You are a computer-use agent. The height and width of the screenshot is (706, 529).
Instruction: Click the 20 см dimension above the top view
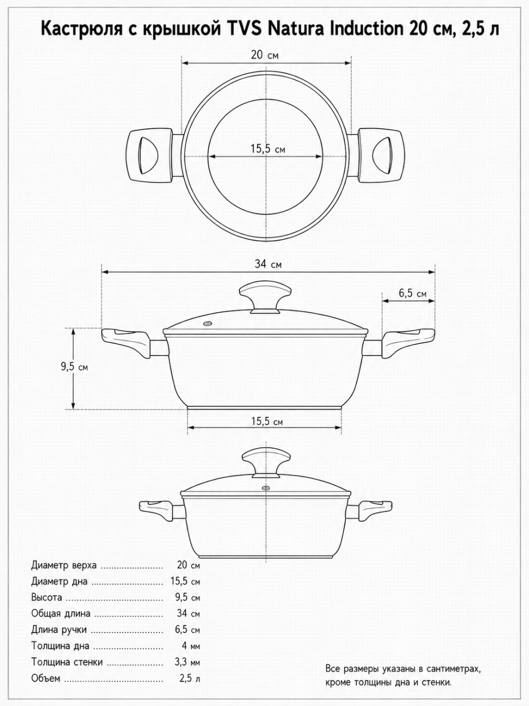[x=264, y=55]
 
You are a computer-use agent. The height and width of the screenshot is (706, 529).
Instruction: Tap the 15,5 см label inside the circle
[x=268, y=149]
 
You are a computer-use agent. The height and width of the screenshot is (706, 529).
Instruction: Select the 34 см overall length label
[x=268, y=264]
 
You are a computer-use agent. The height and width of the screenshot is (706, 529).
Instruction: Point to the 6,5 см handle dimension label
[x=413, y=293]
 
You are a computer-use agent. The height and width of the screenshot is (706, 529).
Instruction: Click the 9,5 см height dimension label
[x=75, y=367]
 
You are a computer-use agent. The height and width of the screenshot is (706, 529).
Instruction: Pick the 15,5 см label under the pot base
[x=267, y=422]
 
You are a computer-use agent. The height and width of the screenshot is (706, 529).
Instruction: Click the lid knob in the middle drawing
[x=266, y=298]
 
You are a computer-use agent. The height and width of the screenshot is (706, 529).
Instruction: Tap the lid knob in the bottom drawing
[x=266, y=464]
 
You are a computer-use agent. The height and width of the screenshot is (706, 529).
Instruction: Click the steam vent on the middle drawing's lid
[x=208, y=324]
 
